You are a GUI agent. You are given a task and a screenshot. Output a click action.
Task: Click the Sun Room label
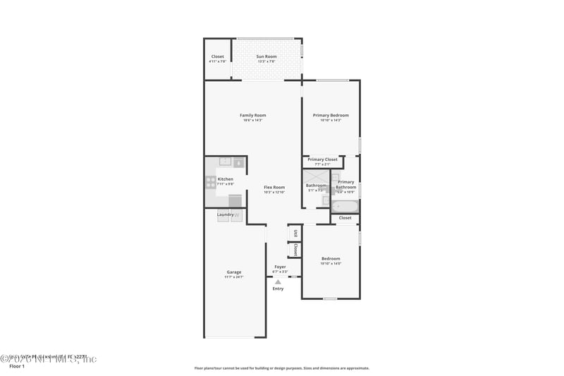click(x=266, y=56)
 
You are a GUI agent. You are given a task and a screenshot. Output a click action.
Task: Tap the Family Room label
click(x=252, y=115)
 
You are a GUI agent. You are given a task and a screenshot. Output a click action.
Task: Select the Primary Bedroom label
click(x=331, y=115)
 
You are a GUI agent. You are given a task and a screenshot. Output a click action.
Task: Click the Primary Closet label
click(x=322, y=159)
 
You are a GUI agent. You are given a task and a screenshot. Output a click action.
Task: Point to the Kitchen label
click(x=226, y=179)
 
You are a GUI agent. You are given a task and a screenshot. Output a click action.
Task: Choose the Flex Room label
click(x=274, y=187)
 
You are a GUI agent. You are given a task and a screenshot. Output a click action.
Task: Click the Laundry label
click(x=225, y=214)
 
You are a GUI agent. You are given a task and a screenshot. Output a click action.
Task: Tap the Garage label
click(x=234, y=272)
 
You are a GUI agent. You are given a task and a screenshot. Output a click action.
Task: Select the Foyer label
click(x=280, y=267)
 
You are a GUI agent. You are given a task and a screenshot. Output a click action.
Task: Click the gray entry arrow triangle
click(x=278, y=281)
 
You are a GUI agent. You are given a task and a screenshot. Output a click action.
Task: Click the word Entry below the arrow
click(x=278, y=289)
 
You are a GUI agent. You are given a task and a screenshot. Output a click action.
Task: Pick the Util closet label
click(x=295, y=233)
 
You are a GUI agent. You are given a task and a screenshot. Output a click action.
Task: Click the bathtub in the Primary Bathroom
click(x=345, y=207)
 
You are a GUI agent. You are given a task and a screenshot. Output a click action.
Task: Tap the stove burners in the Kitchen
click(x=210, y=182)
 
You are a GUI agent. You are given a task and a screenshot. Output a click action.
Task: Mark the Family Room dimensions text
click(x=252, y=121)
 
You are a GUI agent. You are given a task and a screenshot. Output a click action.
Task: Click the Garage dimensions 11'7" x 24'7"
click(x=234, y=277)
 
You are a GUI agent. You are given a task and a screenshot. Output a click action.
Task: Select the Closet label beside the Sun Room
click(x=218, y=56)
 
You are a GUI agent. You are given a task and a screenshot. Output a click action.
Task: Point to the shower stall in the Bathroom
click(x=316, y=176)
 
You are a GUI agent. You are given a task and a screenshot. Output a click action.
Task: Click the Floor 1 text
click(x=17, y=367)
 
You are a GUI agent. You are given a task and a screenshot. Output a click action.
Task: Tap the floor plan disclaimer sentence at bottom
click(x=281, y=368)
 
